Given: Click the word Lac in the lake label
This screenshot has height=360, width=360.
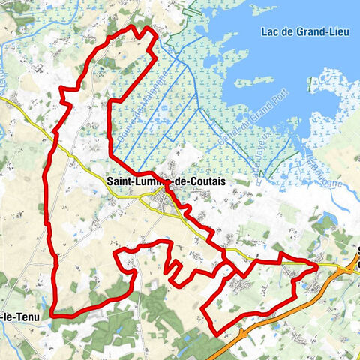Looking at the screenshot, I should pyautogui.click(x=271, y=31).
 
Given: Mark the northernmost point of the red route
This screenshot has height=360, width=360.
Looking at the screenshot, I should pyautogui.click(x=135, y=27).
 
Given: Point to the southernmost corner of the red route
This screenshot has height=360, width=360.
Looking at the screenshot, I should pyautogui.click(x=216, y=333).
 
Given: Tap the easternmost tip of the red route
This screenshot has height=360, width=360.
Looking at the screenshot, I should pyautogui.click(x=318, y=265).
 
